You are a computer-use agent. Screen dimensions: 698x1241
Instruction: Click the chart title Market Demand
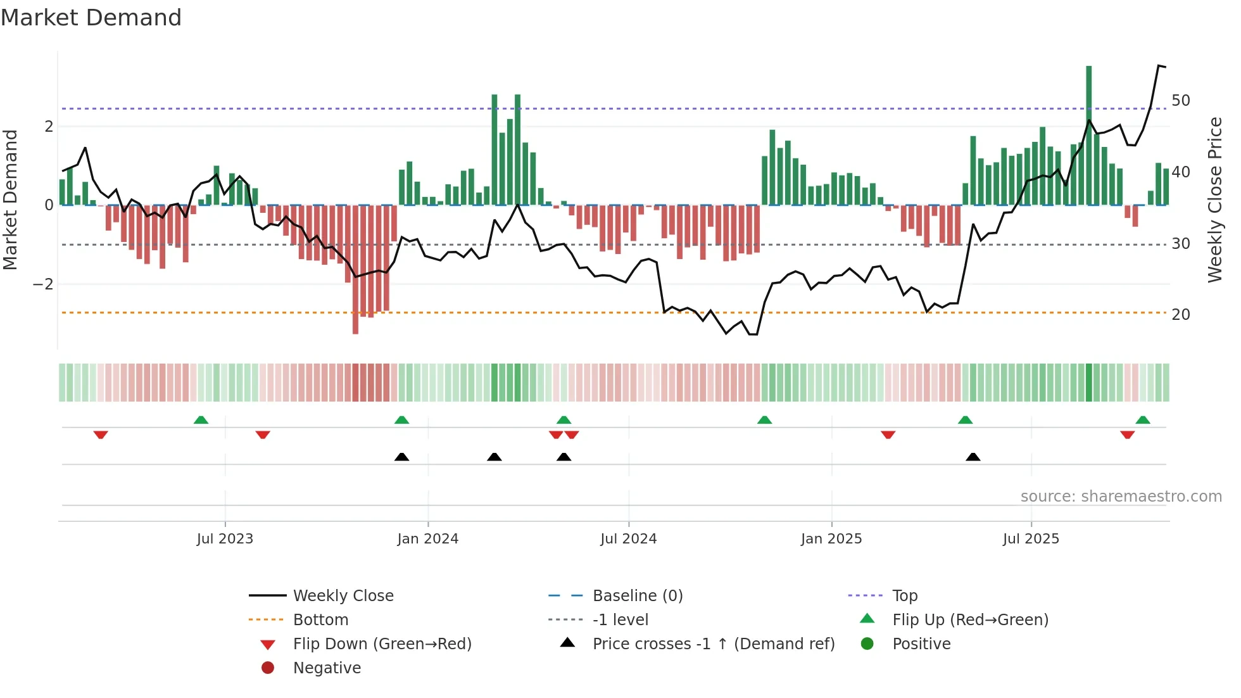tap(91, 18)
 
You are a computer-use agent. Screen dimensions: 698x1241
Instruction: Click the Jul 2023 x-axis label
tap(225, 539)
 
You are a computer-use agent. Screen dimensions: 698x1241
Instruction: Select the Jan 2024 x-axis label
tap(427, 539)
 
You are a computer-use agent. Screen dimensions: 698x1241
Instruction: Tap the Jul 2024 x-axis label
tap(628, 539)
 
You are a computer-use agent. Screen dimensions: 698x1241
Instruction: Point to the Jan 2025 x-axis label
tap(831, 539)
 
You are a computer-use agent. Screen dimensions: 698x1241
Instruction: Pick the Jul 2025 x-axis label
tap(1031, 539)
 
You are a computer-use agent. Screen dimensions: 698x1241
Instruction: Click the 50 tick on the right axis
tap(1180, 101)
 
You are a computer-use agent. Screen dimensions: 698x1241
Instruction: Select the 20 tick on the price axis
tap(1180, 315)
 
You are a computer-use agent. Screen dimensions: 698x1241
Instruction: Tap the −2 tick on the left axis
tap(43, 284)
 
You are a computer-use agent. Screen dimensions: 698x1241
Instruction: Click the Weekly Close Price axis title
tap(1214, 200)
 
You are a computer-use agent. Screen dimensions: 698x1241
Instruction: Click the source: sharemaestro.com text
tap(1121, 497)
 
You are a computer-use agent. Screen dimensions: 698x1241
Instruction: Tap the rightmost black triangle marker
tap(973, 457)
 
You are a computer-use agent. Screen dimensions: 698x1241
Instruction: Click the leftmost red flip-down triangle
tap(101, 435)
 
